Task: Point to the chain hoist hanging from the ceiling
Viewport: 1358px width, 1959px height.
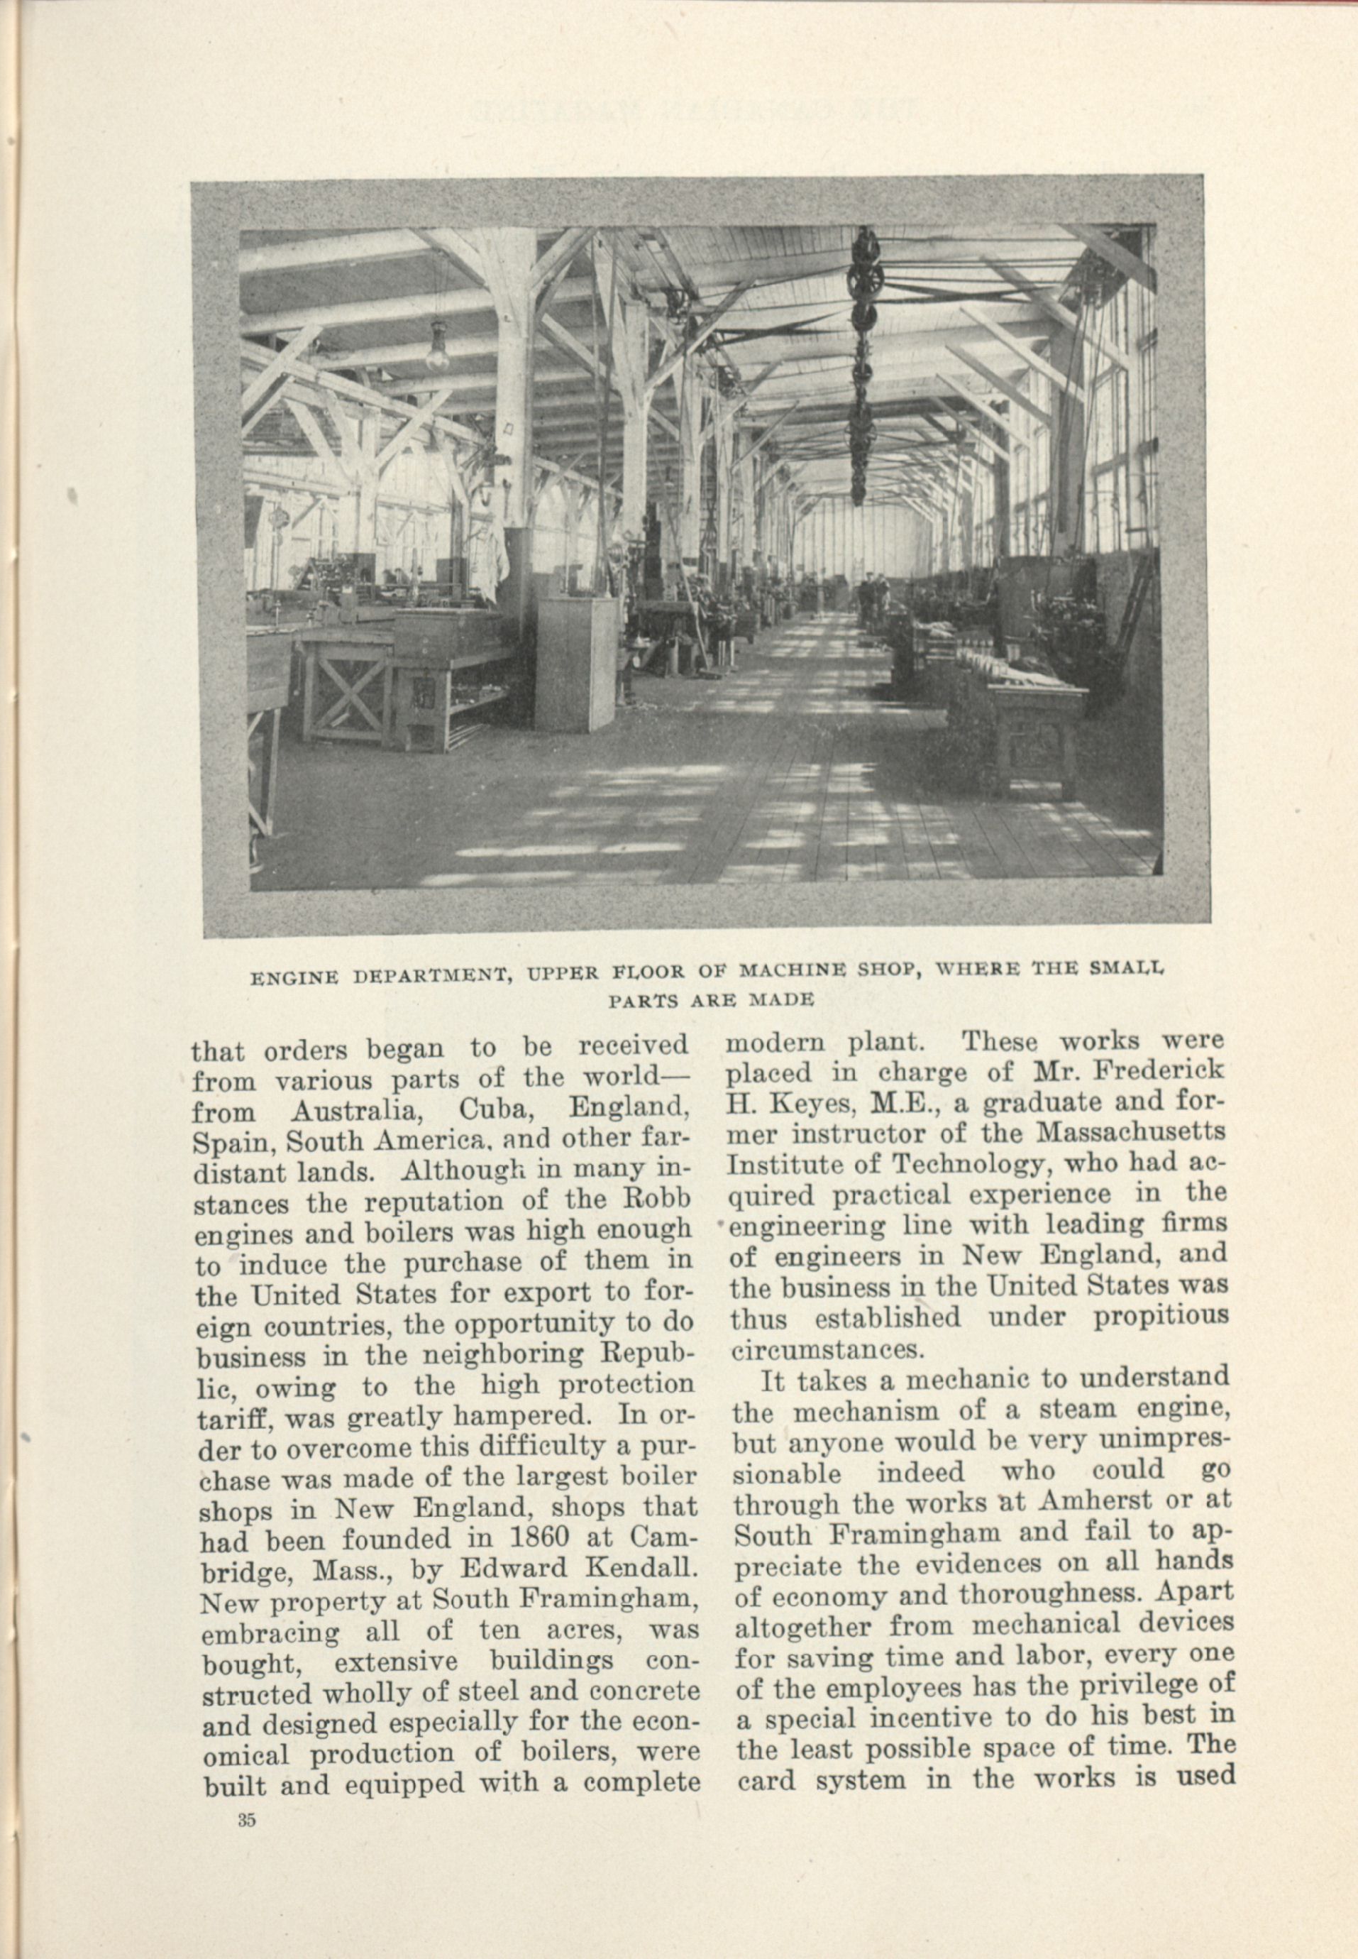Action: [x=860, y=366]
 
